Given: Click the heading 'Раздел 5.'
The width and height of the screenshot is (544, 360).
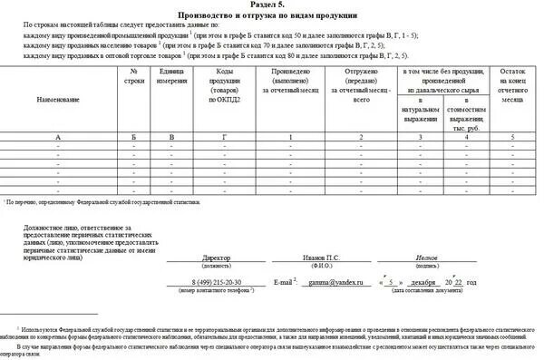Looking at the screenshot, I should click(x=272, y=5).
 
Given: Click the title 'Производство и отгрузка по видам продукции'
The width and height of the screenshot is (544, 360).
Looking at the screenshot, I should click(x=272, y=16).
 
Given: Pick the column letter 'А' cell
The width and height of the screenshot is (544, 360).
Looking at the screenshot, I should click(x=58, y=136).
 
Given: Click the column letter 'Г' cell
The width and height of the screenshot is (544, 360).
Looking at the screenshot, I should click(x=225, y=136).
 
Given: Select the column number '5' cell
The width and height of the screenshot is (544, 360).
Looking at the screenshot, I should click(x=512, y=136).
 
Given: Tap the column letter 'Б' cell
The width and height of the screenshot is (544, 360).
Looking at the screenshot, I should click(x=134, y=136).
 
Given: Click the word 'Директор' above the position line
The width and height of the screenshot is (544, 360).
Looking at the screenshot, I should click(x=218, y=257).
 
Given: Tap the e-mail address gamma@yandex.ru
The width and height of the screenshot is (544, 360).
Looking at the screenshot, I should click(x=330, y=283).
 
